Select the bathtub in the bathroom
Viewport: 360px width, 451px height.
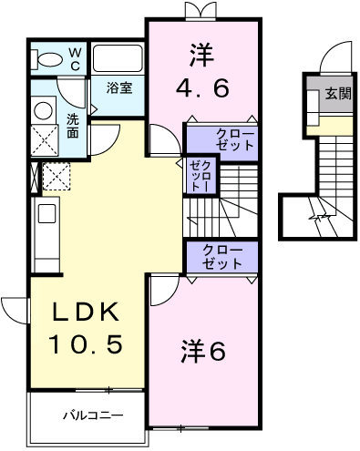118,59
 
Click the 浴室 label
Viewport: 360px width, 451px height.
119,88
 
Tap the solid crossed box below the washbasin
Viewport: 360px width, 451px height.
42,141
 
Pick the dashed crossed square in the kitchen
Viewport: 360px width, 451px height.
57,174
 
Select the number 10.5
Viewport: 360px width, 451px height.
84,345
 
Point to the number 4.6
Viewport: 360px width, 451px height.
202,88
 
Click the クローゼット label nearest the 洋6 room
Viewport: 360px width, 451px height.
222,257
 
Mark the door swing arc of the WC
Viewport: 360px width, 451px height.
66,92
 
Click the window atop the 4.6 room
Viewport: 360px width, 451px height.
201,10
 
